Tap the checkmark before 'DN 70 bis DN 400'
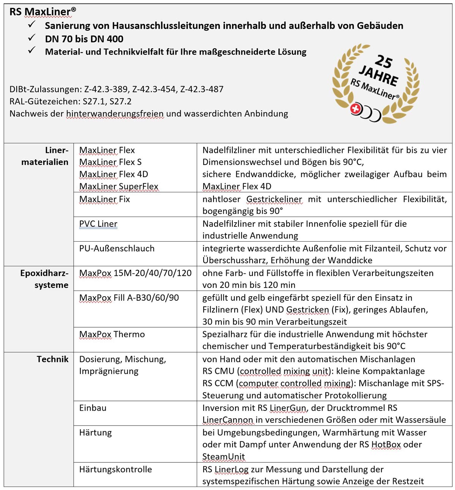[32, 38]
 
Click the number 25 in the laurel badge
[384, 61]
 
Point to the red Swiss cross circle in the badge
[355, 109]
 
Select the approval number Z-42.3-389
[106, 89]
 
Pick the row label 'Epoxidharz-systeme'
[44, 279]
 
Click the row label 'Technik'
[52, 359]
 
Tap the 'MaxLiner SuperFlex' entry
[119, 186]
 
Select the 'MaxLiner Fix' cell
[105, 199]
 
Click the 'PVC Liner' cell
[98, 224]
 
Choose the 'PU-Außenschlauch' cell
[117, 248]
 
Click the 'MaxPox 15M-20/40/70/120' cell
[135, 273]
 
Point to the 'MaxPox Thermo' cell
[112, 334]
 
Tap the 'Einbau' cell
[93, 408]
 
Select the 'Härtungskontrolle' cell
[116, 469]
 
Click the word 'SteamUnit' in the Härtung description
[224, 456]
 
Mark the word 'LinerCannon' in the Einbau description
[227, 420]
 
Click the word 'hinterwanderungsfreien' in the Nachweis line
[115, 113]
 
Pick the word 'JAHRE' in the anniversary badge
[378, 75]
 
